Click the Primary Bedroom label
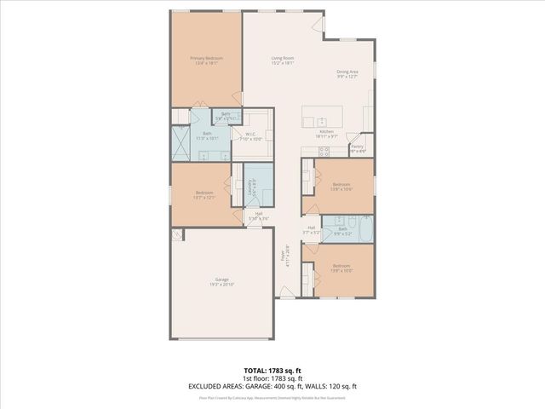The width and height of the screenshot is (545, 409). pyautogui.click(x=206, y=58)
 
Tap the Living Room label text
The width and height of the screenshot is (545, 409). pyautogui.click(x=282, y=58)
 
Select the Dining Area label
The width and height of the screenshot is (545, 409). pyautogui.click(x=347, y=72)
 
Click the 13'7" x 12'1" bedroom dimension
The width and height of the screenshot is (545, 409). pyautogui.click(x=204, y=198)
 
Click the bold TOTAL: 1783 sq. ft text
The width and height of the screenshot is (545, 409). pyautogui.click(x=272, y=371)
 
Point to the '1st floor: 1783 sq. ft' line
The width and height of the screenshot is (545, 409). pyautogui.click(x=272, y=377)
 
